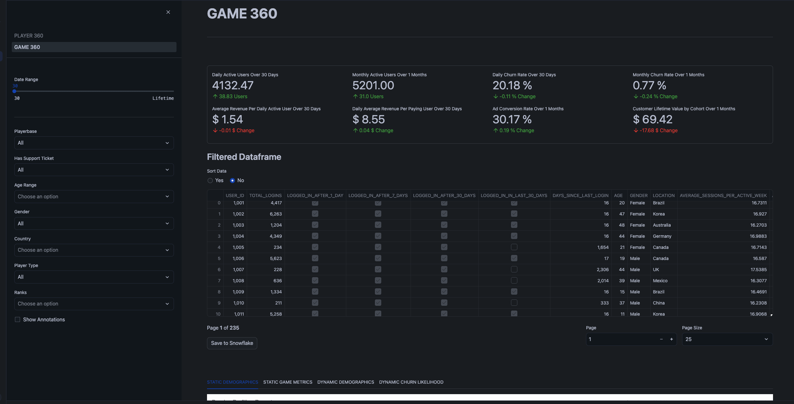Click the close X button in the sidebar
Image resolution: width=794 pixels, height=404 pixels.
pos(168,12)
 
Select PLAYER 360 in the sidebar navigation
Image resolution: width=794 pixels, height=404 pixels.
pos(29,36)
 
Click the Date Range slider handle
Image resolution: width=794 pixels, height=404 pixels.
pos(14,91)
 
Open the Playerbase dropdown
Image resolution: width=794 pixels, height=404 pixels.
pos(94,143)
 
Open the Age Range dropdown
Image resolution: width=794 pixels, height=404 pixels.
pos(94,196)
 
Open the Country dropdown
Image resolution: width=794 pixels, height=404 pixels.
pos(94,250)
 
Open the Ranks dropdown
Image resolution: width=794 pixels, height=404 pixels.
pos(94,304)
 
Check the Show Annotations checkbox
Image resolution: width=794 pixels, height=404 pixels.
pos(17,319)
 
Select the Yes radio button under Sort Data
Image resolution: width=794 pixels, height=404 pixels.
pos(210,181)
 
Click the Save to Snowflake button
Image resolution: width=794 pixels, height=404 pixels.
pos(232,343)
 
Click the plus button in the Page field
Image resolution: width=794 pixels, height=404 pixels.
pos(671,339)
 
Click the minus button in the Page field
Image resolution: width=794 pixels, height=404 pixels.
pos(661,339)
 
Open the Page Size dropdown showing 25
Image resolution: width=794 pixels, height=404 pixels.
pos(727,339)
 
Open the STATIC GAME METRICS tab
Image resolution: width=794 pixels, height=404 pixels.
pos(287,382)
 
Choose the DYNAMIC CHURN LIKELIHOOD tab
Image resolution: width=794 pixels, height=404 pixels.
pos(411,382)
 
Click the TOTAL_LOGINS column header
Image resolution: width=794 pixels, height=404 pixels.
pos(265,195)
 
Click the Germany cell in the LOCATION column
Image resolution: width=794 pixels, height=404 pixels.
pos(662,236)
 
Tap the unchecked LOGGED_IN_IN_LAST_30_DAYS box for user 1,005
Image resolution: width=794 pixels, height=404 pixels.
pos(514,247)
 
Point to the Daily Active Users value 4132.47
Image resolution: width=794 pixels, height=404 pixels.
pos(232,86)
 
